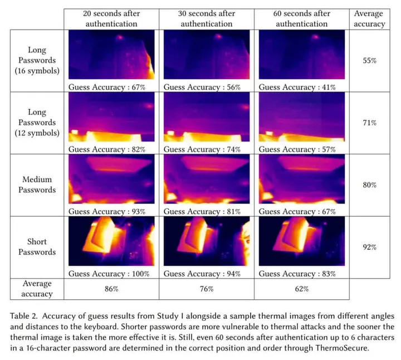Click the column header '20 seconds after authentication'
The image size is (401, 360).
point(111,18)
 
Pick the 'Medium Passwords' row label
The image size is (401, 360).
point(37,184)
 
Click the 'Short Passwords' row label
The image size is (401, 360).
point(37,247)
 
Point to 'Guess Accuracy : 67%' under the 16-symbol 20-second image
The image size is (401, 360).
point(107,87)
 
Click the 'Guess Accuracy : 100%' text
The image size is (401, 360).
point(109,274)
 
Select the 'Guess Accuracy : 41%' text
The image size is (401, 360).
point(297,87)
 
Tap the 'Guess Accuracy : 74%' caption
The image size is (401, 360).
point(202,149)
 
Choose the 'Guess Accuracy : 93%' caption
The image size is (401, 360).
point(107,212)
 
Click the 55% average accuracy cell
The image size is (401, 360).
point(369,60)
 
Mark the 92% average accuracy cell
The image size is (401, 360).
point(369,247)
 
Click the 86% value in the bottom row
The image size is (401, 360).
point(111,289)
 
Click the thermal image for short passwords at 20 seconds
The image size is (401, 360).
point(111,241)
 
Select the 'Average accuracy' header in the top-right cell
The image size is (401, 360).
point(369,18)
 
